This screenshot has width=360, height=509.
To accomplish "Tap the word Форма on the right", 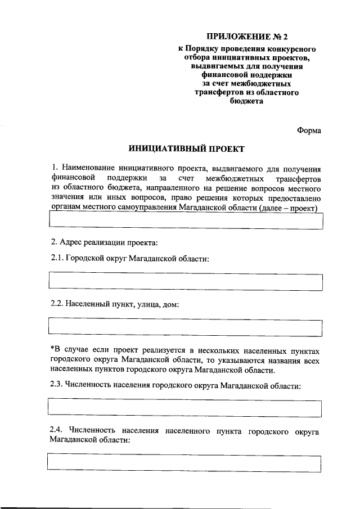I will point(309,130).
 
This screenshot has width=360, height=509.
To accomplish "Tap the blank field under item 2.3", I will point(186,407).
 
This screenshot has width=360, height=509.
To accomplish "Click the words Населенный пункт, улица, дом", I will point(122,304).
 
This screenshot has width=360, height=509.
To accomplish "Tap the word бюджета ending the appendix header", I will point(245,102).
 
